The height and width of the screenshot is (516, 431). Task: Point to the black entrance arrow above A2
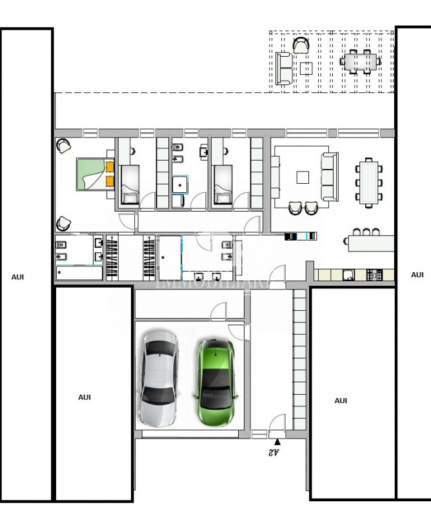click(277, 442)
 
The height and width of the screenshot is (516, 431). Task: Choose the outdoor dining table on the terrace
click(359, 63)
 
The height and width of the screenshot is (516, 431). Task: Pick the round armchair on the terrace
click(301, 45)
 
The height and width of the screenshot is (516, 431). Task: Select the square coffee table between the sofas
click(303, 177)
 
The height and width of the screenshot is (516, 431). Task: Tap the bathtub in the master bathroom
click(79, 272)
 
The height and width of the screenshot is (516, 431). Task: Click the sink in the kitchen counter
click(349, 275)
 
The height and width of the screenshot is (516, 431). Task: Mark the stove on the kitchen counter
click(374, 275)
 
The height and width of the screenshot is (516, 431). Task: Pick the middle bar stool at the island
click(367, 231)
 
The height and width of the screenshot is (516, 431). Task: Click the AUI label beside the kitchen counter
click(417, 275)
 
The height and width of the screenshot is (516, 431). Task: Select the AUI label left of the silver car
click(85, 397)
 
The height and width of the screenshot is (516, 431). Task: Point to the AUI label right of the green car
click(341, 401)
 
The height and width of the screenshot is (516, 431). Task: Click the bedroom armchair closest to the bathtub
click(64, 224)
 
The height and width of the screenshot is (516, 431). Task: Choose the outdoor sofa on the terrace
click(284, 68)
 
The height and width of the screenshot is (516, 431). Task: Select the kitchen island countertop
click(370, 243)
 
